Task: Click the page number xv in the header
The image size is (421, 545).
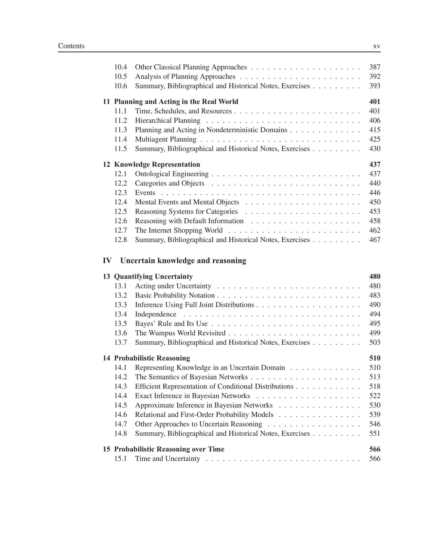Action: coord(377,46)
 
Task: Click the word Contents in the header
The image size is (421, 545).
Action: coord(71,46)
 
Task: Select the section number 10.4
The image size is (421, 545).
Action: coord(120,67)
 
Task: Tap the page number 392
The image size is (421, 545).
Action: coord(374,76)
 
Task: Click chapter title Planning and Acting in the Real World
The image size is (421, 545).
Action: coord(176,102)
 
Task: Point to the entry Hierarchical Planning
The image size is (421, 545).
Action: coord(168,121)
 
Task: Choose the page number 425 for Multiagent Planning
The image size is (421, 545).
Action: coord(374,139)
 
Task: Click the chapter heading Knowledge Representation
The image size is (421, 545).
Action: coord(157,164)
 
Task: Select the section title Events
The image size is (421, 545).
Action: coord(145,193)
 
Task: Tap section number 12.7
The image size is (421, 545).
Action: coord(120,230)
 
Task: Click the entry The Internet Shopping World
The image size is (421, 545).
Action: coord(179,230)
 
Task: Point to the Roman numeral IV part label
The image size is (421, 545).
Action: coord(107,261)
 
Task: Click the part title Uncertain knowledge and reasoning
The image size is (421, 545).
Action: coord(183,261)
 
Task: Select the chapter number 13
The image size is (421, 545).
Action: coord(106,276)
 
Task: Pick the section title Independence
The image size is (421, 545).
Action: coord(156,314)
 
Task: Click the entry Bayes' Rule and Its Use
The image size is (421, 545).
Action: coord(171,324)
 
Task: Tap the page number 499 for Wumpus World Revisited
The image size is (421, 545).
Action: coord(374,333)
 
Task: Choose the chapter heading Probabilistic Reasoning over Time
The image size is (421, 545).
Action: coord(169,449)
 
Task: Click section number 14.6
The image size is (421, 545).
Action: coord(120,415)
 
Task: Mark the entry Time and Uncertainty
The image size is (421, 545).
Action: coord(167,459)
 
